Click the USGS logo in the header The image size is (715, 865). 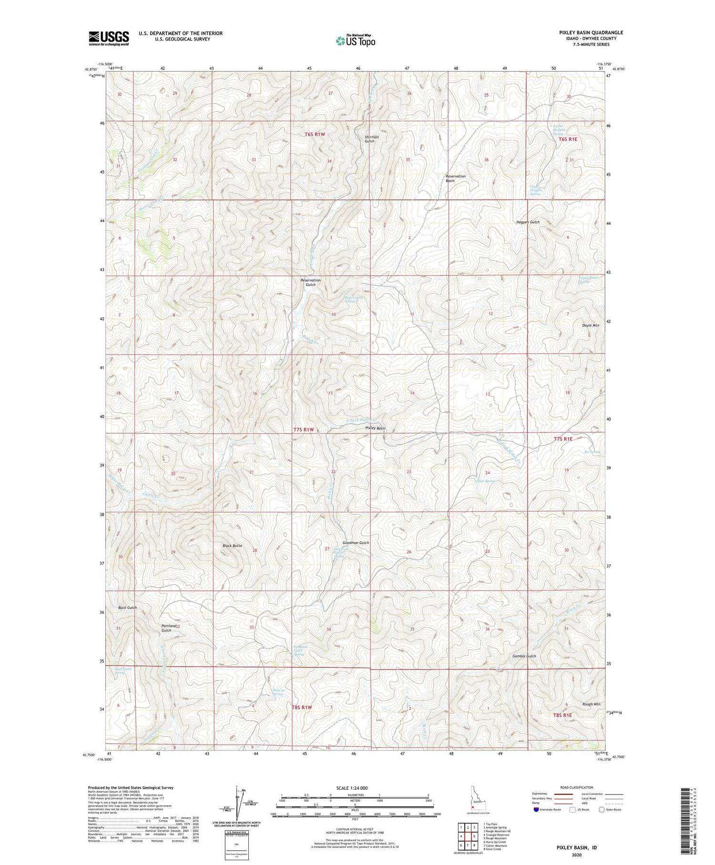click(109, 38)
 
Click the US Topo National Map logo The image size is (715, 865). click(355, 41)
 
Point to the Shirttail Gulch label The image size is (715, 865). click(372, 139)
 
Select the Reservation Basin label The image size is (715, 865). click(455, 178)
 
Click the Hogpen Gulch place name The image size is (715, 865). click(528, 222)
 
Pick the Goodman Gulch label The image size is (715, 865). click(356, 543)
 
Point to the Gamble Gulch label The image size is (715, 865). click(524, 656)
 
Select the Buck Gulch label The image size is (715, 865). click(127, 608)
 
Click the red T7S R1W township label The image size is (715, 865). click(303, 430)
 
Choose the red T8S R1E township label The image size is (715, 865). click(562, 715)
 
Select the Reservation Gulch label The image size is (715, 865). click(310, 282)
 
